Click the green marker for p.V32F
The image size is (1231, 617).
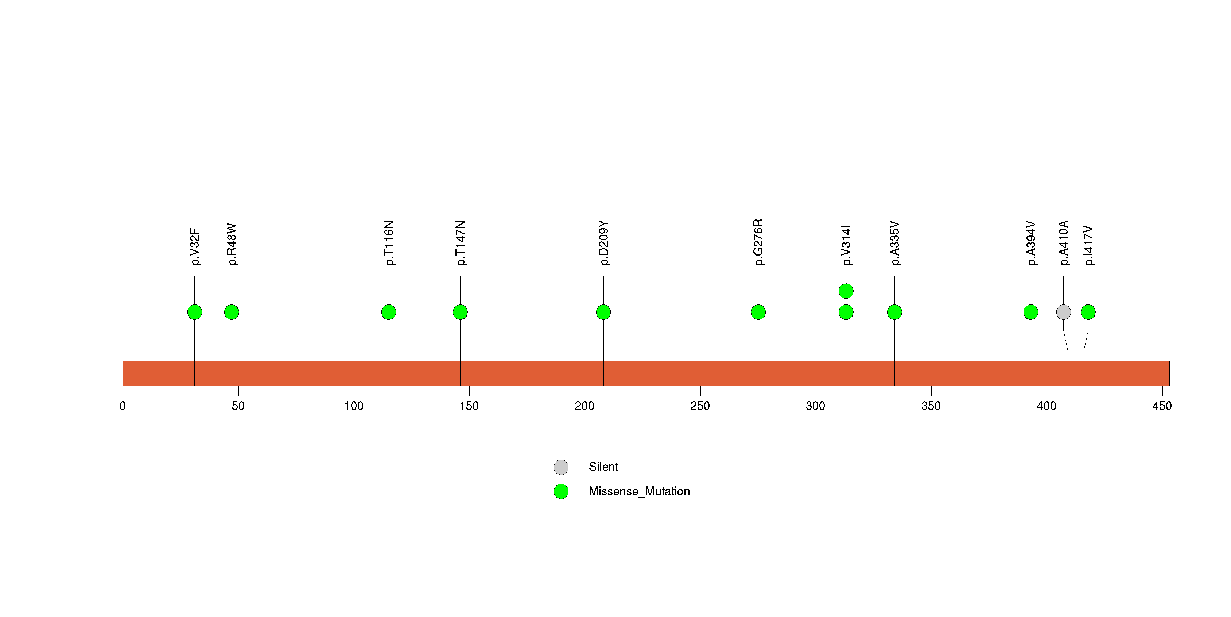coord(194,312)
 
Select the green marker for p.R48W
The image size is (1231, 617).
coord(232,312)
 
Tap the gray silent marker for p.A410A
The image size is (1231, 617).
coord(1063,312)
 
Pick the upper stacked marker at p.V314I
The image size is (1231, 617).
coord(846,291)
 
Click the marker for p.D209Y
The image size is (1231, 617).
coord(603,312)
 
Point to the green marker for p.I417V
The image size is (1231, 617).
coord(1088,312)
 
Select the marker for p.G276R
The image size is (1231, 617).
coord(758,312)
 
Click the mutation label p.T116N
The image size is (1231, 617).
coord(389,243)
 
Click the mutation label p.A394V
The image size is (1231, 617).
coord(1032,243)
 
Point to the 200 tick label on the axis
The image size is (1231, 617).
coord(585,406)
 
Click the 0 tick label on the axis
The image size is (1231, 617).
coord(123,406)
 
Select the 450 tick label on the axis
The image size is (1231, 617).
coord(1162,406)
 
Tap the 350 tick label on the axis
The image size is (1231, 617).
coord(931,406)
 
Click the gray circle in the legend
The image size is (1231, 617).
coord(561,467)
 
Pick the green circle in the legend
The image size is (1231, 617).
coord(561,491)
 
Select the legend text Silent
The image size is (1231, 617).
coord(603,467)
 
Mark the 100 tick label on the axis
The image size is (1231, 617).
coord(354,406)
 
